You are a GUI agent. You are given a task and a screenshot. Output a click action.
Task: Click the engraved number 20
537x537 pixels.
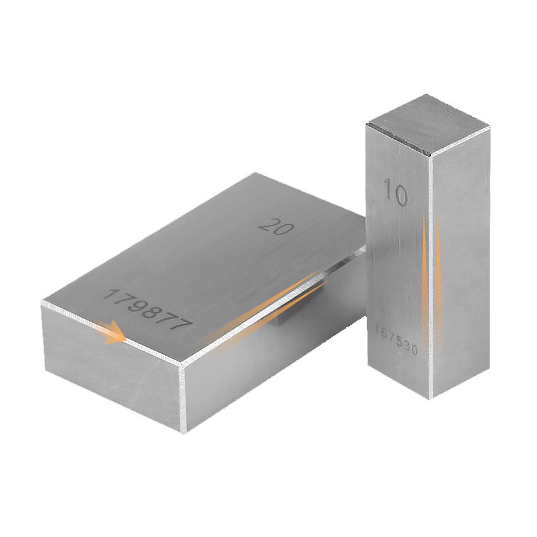tap(276, 226)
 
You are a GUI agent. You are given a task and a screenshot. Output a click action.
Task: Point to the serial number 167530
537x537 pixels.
tap(396, 339)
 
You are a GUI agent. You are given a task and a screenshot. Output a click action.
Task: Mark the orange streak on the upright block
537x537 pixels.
tap(426, 272)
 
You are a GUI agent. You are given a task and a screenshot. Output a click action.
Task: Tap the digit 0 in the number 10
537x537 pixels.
tap(400, 195)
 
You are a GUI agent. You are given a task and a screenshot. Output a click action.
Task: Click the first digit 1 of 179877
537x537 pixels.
tap(109, 294)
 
